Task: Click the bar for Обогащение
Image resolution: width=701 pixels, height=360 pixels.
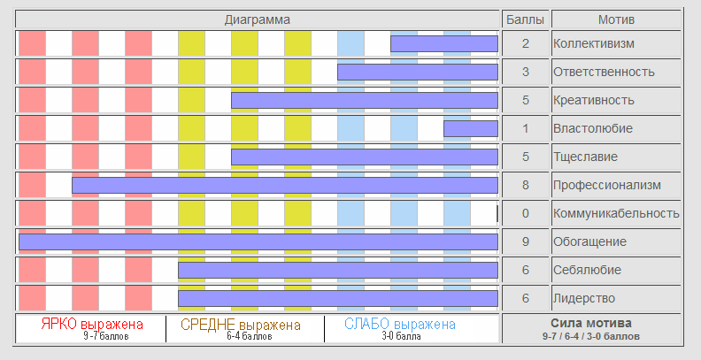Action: pyautogui.click(x=258, y=241)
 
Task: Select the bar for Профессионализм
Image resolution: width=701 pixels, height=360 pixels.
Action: pyautogui.click(x=284, y=185)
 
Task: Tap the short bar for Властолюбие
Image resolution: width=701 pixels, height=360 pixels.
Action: pyautogui.click(x=470, y=128)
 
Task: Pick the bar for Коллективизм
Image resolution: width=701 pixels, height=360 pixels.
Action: pyautogui.click(x=443, y=43)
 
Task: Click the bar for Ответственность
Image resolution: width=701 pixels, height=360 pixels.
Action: pyautogui.click(x=417, y=72)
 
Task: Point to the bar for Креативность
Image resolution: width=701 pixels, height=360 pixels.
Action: pyautogui.click(x=364, y=100)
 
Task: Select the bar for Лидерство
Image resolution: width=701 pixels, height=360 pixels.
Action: pyautogui.click(x=337, y=298)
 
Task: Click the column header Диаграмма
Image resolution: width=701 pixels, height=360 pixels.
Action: pyautogui.click(x=258, y=19)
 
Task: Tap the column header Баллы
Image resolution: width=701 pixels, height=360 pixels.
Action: pyautogui.click(x=525, y=19)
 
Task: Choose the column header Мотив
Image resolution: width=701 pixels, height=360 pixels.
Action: pyautogui.click(x=617, y=19)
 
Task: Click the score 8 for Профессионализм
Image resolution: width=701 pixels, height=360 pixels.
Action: pyautogui.click(x=525, y=185)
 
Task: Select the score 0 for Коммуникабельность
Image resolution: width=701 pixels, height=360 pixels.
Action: pyautogui.click(x=525, y=213)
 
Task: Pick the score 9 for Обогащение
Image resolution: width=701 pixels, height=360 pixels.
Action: pyautogui.click(x=525, y=241)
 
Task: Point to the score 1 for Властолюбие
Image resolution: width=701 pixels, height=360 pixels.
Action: pyautogui.click(x=525, y=128)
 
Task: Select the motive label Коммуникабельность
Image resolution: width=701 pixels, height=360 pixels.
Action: pyautogui.click(x=615, y=213)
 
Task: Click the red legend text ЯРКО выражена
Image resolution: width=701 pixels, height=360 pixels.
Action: pyautogui.click(x=93, y=325)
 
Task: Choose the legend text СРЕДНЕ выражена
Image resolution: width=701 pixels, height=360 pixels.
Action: pyautogui.click(x=241, y=325)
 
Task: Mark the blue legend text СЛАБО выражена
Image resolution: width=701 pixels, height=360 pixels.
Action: pyautogui.click(x=400, y=325)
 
